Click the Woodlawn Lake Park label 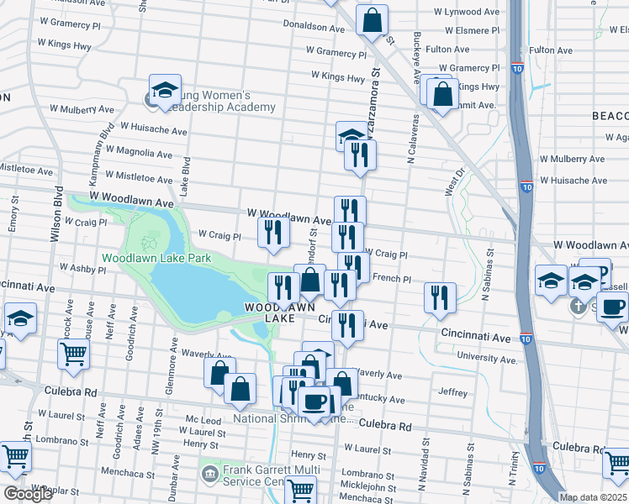pos(156,258)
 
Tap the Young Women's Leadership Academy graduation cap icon pos(166,89)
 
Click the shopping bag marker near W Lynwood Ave pos(372,20)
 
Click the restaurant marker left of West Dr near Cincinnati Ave pos(440,297)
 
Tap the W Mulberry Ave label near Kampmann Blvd pos(82,109)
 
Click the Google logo pos(28,494)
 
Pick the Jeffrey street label pos(452,391)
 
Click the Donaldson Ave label pos(314,28)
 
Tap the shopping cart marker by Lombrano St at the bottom pos(300,489)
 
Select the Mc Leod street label pos(203,419)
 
